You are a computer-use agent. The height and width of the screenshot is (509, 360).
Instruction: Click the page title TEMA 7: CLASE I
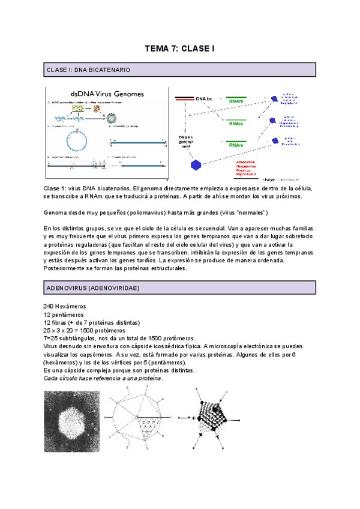tap(179, 49)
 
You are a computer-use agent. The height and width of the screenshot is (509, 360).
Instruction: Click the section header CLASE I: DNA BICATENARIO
tap(88, 70)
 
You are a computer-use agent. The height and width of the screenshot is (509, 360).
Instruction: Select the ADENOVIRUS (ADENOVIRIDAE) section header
tap(92, 289)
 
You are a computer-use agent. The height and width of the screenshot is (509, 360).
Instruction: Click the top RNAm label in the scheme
tap(236, 102)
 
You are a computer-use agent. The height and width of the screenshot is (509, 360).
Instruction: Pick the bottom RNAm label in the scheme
tap(236, 145)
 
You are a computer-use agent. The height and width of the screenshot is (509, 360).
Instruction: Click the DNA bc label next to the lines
tap(203, 98)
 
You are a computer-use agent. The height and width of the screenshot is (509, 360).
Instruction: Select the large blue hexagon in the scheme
tap(195, 164)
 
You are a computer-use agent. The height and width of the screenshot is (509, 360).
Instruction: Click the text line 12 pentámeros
tap(64, 315)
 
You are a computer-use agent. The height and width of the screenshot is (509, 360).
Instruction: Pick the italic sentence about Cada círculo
tap(103, 378)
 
